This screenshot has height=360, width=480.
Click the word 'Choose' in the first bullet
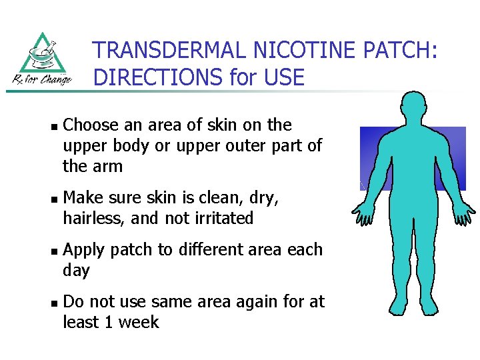point(91,125)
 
